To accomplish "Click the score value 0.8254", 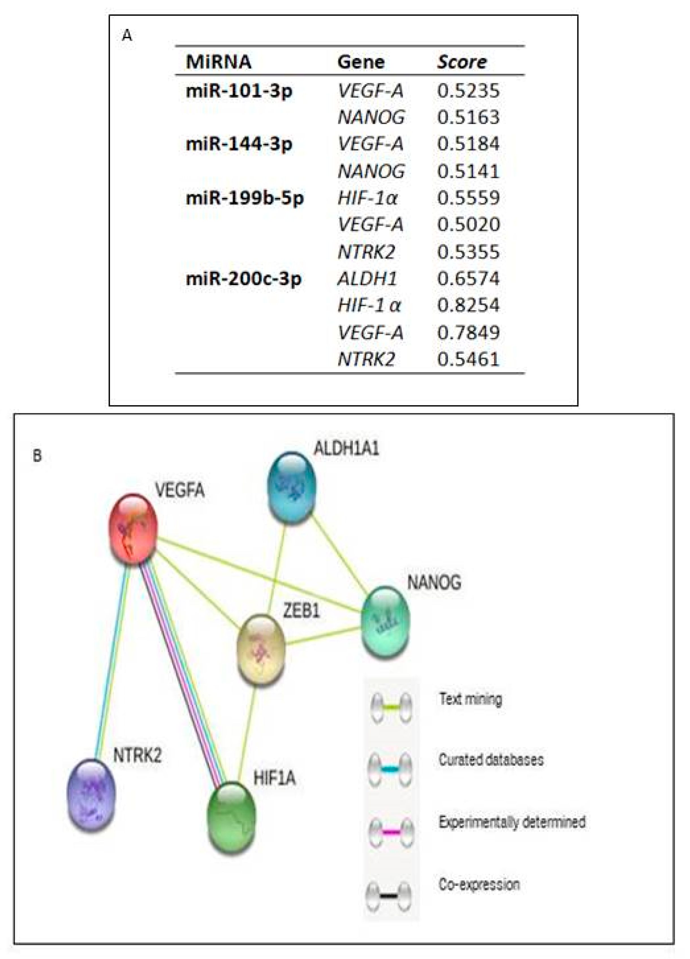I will (468, 305).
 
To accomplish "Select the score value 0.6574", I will (468, 279).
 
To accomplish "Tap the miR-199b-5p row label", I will (244, 198).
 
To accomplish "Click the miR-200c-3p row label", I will (243, 279).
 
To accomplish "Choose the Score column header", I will (462, 62).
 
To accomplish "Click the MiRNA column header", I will (218, 62).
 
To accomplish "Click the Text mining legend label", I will (470, 699).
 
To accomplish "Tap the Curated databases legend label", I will (490, 760).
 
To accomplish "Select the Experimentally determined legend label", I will (512, 822).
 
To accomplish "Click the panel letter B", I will (37, 456).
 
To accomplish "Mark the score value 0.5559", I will (468, 198).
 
